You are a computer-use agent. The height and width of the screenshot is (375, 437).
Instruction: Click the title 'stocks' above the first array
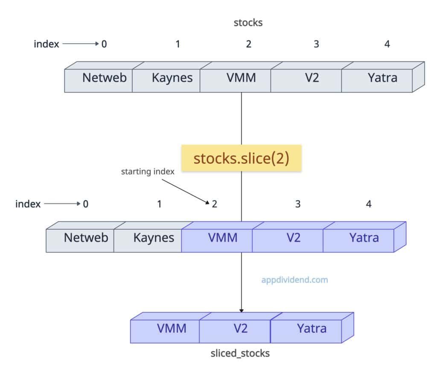(x=248, y=23)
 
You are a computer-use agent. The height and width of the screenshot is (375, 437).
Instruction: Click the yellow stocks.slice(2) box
(x=242, y=158)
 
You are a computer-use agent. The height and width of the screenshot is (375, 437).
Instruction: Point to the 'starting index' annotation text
(x=148, y=172)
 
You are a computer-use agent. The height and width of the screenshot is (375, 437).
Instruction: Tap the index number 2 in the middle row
(x=214, y=204)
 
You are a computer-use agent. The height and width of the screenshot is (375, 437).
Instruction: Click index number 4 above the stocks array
(x=387, y=44)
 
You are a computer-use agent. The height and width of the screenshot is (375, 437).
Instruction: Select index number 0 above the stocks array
(x=104, y=44)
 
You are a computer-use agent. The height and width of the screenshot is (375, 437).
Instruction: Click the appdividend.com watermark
(x=294, y=280)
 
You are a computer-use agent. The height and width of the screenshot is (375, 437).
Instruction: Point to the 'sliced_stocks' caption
(x=240, y=353)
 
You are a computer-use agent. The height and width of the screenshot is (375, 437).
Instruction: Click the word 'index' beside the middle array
(x=28, y=204)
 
